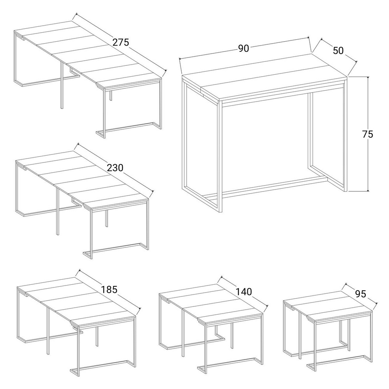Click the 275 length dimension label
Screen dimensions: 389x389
coord(121,42)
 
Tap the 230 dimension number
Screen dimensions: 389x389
coord(115,168)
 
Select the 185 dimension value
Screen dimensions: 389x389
coord(109,289)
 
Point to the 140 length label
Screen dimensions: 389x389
coord(244,292)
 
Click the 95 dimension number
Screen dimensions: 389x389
coord(361,294)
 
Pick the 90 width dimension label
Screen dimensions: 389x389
coord(244,48)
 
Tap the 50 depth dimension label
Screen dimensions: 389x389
coord(338,50)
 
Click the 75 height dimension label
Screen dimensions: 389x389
coord(368,134)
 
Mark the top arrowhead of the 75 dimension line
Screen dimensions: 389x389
coord(368,78)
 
